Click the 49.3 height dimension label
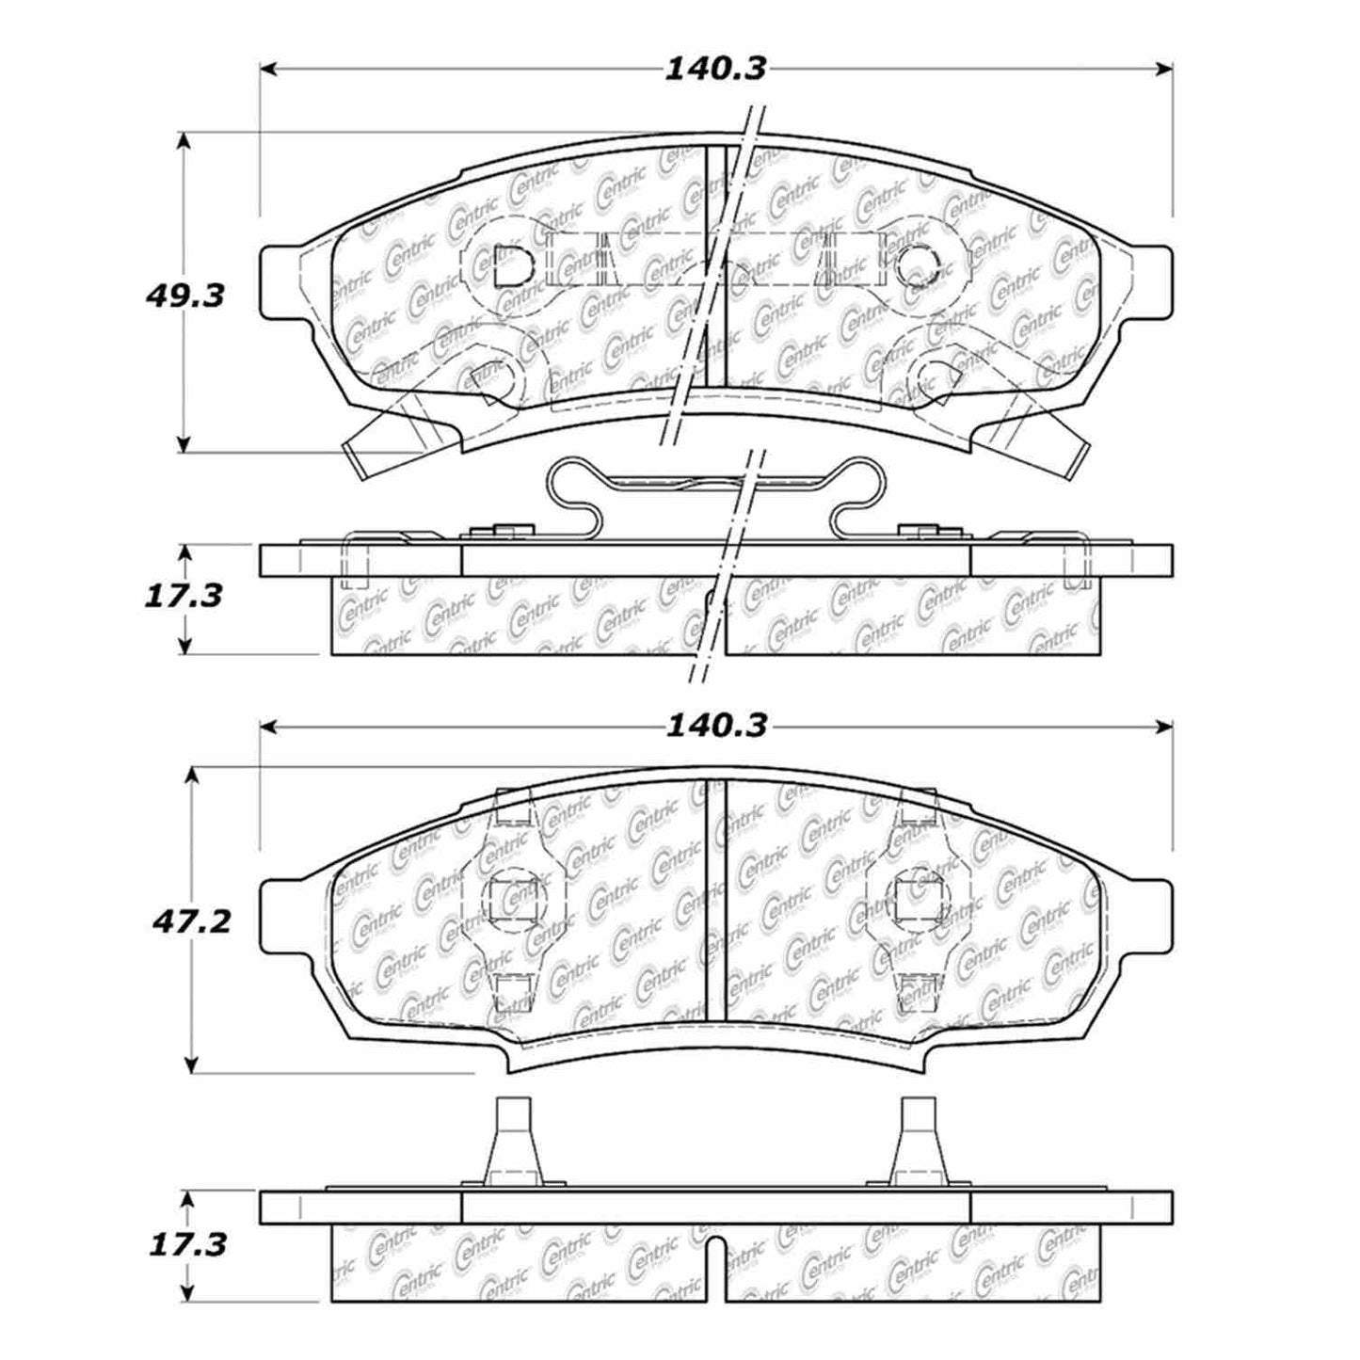(184, 296)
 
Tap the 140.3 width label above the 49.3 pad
(716, 69)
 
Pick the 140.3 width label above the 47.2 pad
(716, 726)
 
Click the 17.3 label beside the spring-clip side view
(183, 595)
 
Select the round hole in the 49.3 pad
(915, 265)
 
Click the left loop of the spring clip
(576, 489)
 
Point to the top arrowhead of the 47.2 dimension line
(193, 775)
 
